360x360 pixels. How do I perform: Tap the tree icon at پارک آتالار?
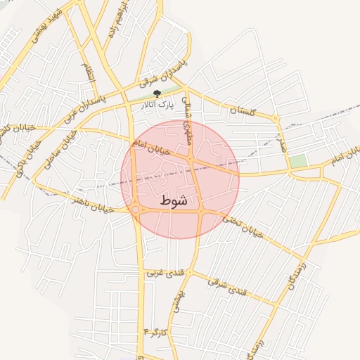tap(157, 94)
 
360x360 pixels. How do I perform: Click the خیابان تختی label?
tap(243, 226)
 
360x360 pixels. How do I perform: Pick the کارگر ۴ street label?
tap(156, 330)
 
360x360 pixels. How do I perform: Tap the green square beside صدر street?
tap(298, 161)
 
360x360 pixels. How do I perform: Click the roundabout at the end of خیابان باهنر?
tap(135, 209)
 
